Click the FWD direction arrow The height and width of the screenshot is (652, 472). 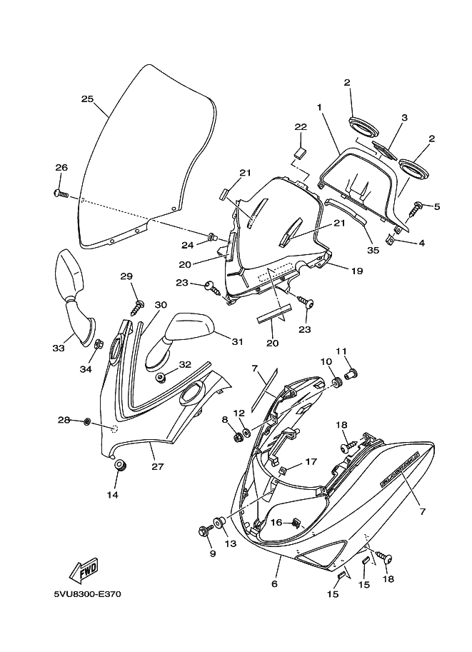pos(84,570)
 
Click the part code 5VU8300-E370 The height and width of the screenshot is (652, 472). pos(87,593)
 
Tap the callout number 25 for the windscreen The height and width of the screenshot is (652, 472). pos(87,99)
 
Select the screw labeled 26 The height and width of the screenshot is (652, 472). pos(60,193)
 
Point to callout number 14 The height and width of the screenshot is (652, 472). pos(112,494)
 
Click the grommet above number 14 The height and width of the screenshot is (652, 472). pos(120,466)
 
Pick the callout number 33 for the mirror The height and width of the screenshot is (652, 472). pos(58,348)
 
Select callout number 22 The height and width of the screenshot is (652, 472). pos(301,126)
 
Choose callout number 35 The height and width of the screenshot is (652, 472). pos(372,249)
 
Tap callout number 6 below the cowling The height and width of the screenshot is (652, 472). pos(274,583)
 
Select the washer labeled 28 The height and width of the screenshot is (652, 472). pos(86,421)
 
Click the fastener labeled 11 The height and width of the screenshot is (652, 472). pos(351,372)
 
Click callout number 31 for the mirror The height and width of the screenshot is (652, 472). pos(236,340)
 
